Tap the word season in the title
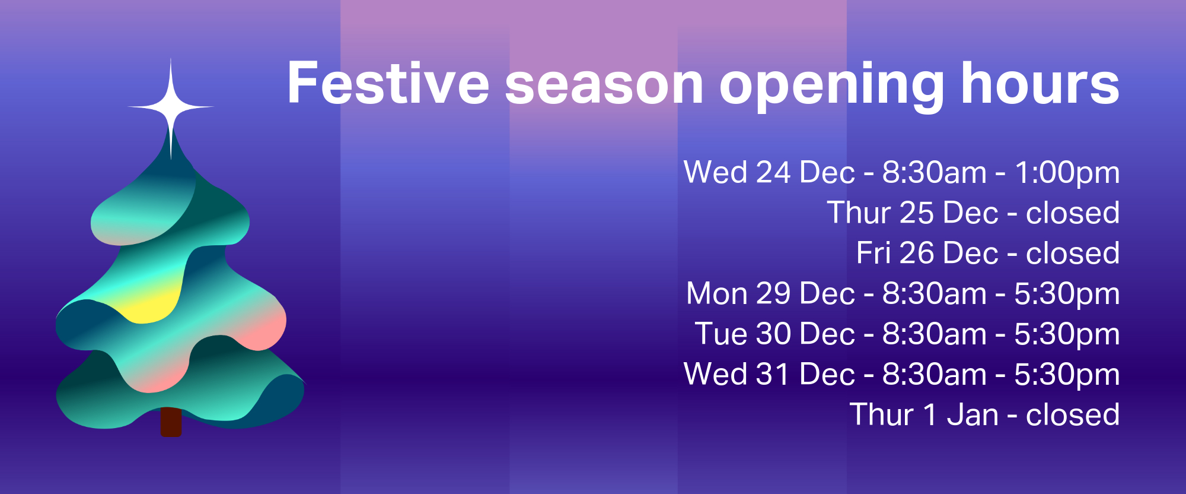pos(604,87)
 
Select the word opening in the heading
pos(832,87)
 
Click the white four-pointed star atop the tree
pos(171,108)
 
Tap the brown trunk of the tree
pos(171,422)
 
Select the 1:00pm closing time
pos(1067,173)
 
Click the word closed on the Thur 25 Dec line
pos(1073,213)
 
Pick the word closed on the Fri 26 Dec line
pos(1073,253)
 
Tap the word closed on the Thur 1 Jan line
pos(1073,414)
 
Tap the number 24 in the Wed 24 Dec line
pos(773,172)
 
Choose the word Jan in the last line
pos(973,414)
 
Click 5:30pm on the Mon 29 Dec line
pos(1067,294)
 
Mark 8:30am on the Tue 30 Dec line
pos(935,334)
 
